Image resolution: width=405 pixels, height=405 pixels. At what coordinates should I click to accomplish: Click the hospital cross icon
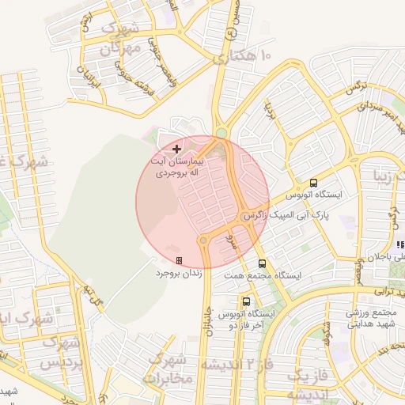click(x=176, y=149)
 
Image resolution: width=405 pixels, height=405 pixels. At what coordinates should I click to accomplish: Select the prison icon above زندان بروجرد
click(x=179, y=260)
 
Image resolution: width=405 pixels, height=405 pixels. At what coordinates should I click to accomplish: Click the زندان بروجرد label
click(x=179, y=272)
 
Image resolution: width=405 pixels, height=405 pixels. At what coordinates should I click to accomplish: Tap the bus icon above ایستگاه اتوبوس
click(x=314, y=182)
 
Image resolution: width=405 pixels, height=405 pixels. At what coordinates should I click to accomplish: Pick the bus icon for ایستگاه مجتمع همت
click(x=262, y=263)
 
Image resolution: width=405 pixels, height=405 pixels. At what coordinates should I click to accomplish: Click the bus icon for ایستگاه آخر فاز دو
click(x=247, y=301)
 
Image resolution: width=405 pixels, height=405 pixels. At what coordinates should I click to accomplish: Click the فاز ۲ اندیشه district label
click(x=237, y=365)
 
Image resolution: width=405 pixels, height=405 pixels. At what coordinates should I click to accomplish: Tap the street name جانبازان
click(x=210, y=320)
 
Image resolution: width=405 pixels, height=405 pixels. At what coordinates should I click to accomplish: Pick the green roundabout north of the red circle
click(x=221, y=133)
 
